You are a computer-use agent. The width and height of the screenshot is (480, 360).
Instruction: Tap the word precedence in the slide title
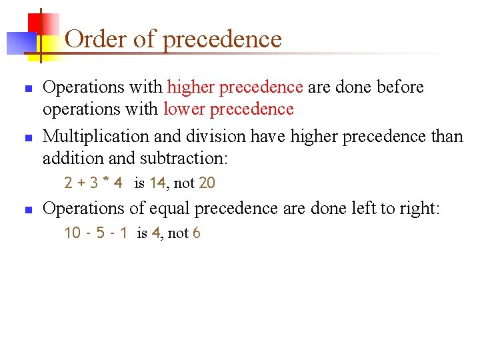click(222, 40)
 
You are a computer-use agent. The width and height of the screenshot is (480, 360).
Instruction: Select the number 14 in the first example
click(157, 183)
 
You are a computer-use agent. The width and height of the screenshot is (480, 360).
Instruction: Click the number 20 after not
click(207, 183)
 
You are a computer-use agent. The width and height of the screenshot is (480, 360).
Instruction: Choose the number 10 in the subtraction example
click(72, 233)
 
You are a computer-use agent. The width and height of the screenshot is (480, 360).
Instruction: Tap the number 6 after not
click(197, 233)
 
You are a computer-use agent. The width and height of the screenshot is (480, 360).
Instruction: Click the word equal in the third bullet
click(167, 209)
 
